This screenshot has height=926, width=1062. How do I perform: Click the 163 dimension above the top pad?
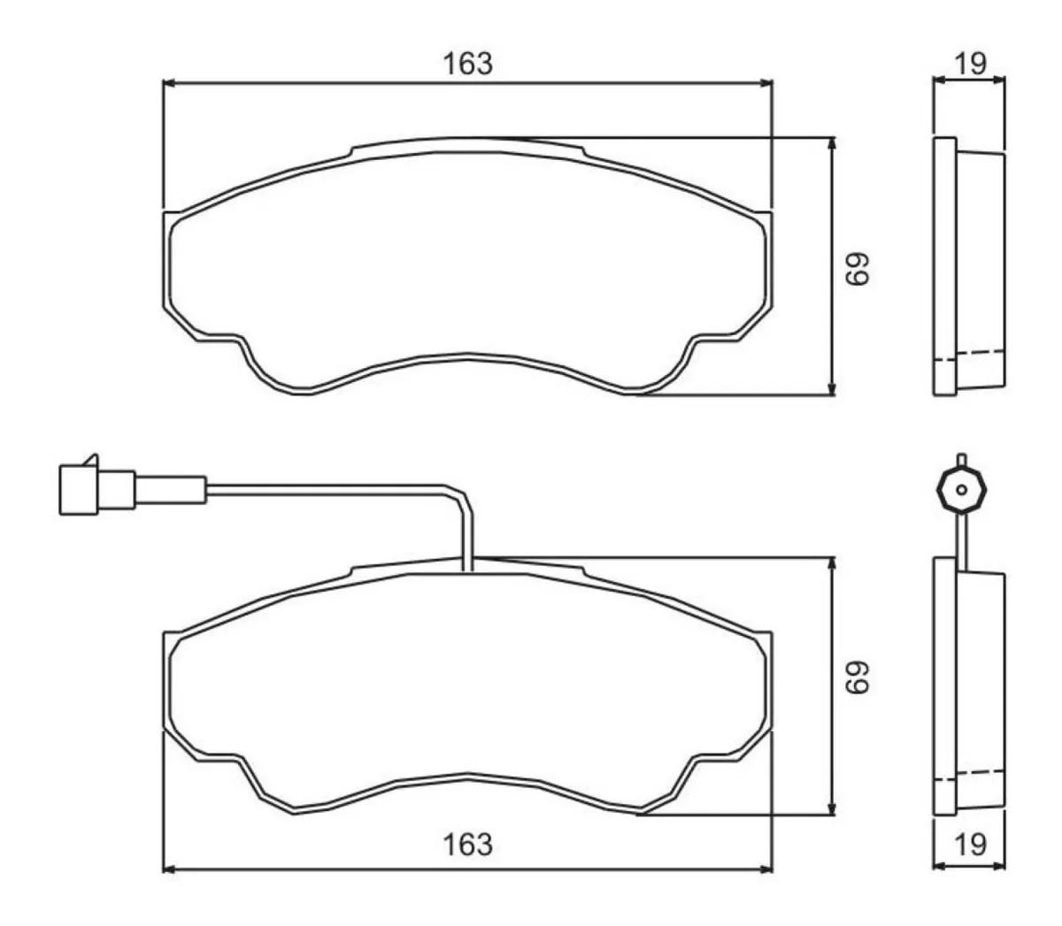click(x=467, y=64)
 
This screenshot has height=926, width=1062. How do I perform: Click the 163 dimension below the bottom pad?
click(x=467, y=845)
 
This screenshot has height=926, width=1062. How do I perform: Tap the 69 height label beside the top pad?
click(x=857, y=267)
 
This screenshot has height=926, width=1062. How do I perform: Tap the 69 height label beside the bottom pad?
click(x=857, y=678)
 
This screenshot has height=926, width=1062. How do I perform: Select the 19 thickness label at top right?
click(x=970, y=64)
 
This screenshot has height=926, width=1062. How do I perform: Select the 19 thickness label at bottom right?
click(x=970, y=845)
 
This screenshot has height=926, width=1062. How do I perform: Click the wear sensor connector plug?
click(x=96, y=489)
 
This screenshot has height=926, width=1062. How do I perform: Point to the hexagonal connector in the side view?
click(x=960, y=489)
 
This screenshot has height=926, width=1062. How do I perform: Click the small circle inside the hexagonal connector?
click(x=960, y=489)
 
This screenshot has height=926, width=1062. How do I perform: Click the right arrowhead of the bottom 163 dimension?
click(x=766, y=869)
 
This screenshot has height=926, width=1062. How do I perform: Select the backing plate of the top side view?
click(x=945, y=266)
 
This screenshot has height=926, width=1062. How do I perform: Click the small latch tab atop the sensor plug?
click(x=88, y=459)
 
